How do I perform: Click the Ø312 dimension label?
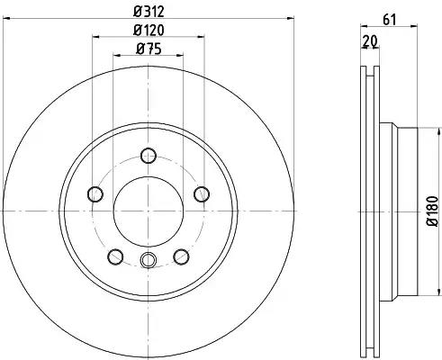pos(149,12)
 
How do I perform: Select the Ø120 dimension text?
pos(149,30)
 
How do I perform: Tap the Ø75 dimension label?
pos(149,49)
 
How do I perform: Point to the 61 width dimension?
pos(390,20)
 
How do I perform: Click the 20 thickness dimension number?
pos(370,41)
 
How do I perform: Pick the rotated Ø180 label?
pos(434,211)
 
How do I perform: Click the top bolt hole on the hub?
pos(149,156)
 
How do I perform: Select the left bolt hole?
pos(95,193)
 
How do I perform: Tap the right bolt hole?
pos(202,193)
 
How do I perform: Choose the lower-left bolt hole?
pos(115,256)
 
